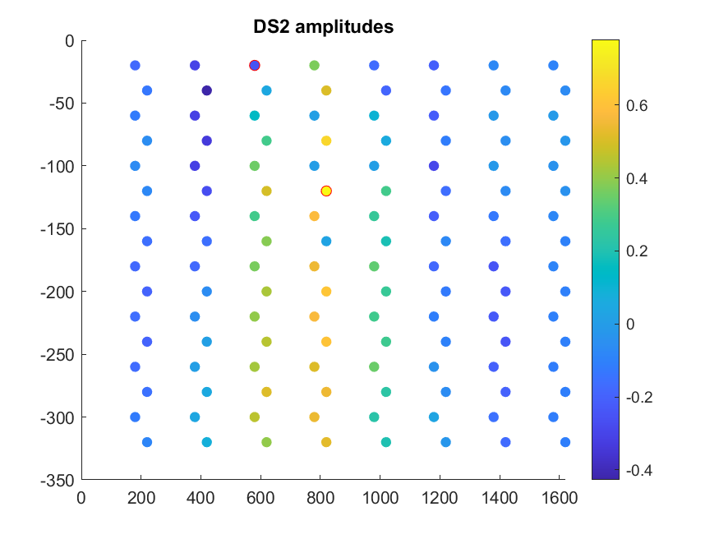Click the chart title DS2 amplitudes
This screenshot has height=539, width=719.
[x=323, y=27]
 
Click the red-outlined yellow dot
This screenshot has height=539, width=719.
[x=326, y=191]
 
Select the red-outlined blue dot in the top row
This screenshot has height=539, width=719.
[x=255, y=65]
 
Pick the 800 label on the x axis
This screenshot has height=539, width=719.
[x=320, y=497]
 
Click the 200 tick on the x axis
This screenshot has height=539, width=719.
[x=141, y=497]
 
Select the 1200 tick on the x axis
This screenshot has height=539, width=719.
[x=440, y=497]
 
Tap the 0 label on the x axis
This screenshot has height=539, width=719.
[x=81, y=497]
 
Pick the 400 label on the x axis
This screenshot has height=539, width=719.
[x=200, y=497]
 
